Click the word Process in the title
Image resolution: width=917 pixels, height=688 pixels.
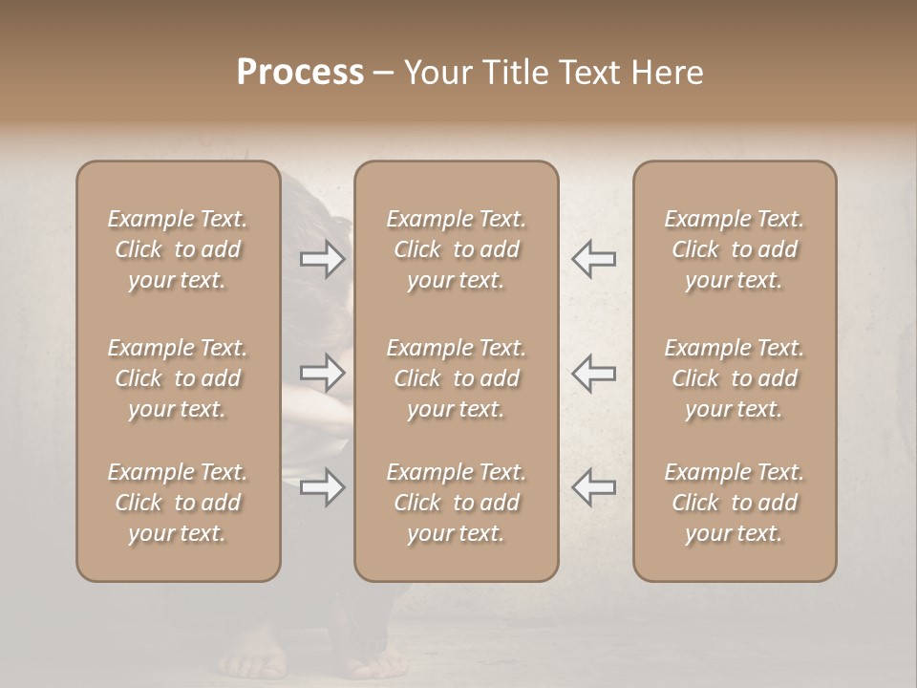coord(300,73)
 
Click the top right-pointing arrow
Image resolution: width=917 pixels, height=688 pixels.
coord(323,259)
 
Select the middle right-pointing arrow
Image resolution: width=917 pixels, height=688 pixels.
coord(323,373)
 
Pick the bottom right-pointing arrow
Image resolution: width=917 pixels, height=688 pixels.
coord(323,487)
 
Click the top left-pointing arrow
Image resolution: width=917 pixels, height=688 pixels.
coord(593,259)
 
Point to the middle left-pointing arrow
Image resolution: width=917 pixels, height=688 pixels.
coord(593,373)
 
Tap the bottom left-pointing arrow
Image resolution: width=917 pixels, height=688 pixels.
coord(593,487)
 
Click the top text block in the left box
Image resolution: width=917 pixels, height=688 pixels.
coord(178,249)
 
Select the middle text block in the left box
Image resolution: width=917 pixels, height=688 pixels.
coord(178,378)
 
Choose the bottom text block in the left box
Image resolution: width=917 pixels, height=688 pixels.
coord(178,503)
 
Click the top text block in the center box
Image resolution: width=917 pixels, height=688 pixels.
coord(457,249)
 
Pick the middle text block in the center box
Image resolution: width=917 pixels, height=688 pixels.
coord(457,378)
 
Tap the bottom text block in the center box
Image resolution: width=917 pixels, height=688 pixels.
coord(457,503)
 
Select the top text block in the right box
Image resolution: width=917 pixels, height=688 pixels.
coord(735,249)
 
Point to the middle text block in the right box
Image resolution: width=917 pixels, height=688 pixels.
coord(735,378)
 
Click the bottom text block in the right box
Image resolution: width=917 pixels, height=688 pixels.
coord(735,503)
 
